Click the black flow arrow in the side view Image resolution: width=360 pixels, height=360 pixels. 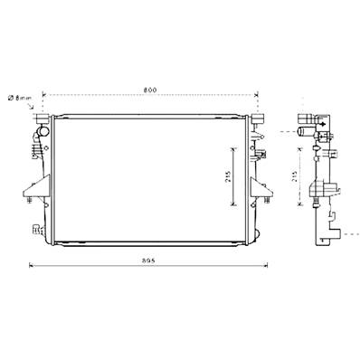[321, 126]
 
